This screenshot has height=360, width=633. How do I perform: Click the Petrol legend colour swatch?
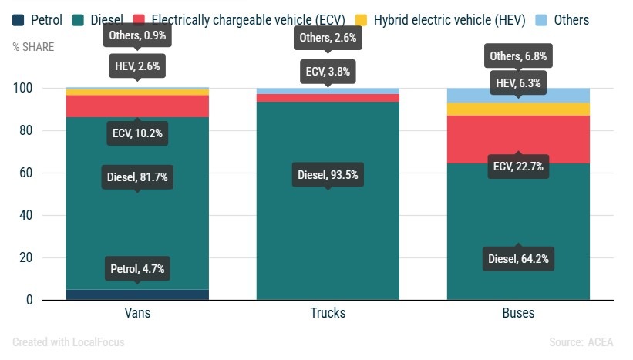[x=19, y=20]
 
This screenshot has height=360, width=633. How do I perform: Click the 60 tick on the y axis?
[x=26, y=173]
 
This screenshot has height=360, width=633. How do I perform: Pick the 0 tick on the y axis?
[x=29, y=300]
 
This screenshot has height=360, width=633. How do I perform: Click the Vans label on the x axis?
[x=137, y=314]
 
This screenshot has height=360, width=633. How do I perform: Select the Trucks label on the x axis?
[x=328, y=314]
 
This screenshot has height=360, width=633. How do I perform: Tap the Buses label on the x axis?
[x=518, y=314]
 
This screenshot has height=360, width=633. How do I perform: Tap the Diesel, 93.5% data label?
[x=328, y=175]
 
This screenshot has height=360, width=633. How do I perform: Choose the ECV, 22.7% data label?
[x=518, y=167]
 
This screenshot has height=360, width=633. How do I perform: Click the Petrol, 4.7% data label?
[x=137, y=269]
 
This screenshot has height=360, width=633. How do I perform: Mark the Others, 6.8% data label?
[x=518, y=56]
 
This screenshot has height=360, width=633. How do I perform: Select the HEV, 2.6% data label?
[x=137, y=67]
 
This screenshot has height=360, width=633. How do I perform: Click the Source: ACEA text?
[x=581, y=342]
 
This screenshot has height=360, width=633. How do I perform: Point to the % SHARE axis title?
[x=33, y=46]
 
